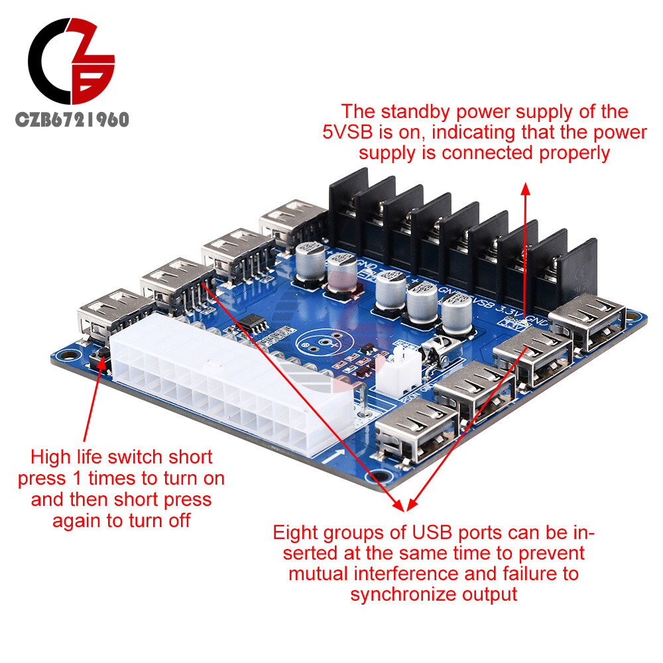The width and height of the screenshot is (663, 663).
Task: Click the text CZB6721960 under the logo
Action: click(72, 119)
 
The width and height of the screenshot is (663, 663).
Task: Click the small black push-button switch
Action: click(103, 361)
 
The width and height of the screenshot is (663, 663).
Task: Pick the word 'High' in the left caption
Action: click(54, 457)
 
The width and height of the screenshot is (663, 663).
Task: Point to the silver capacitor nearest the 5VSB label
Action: click(457, 312)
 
